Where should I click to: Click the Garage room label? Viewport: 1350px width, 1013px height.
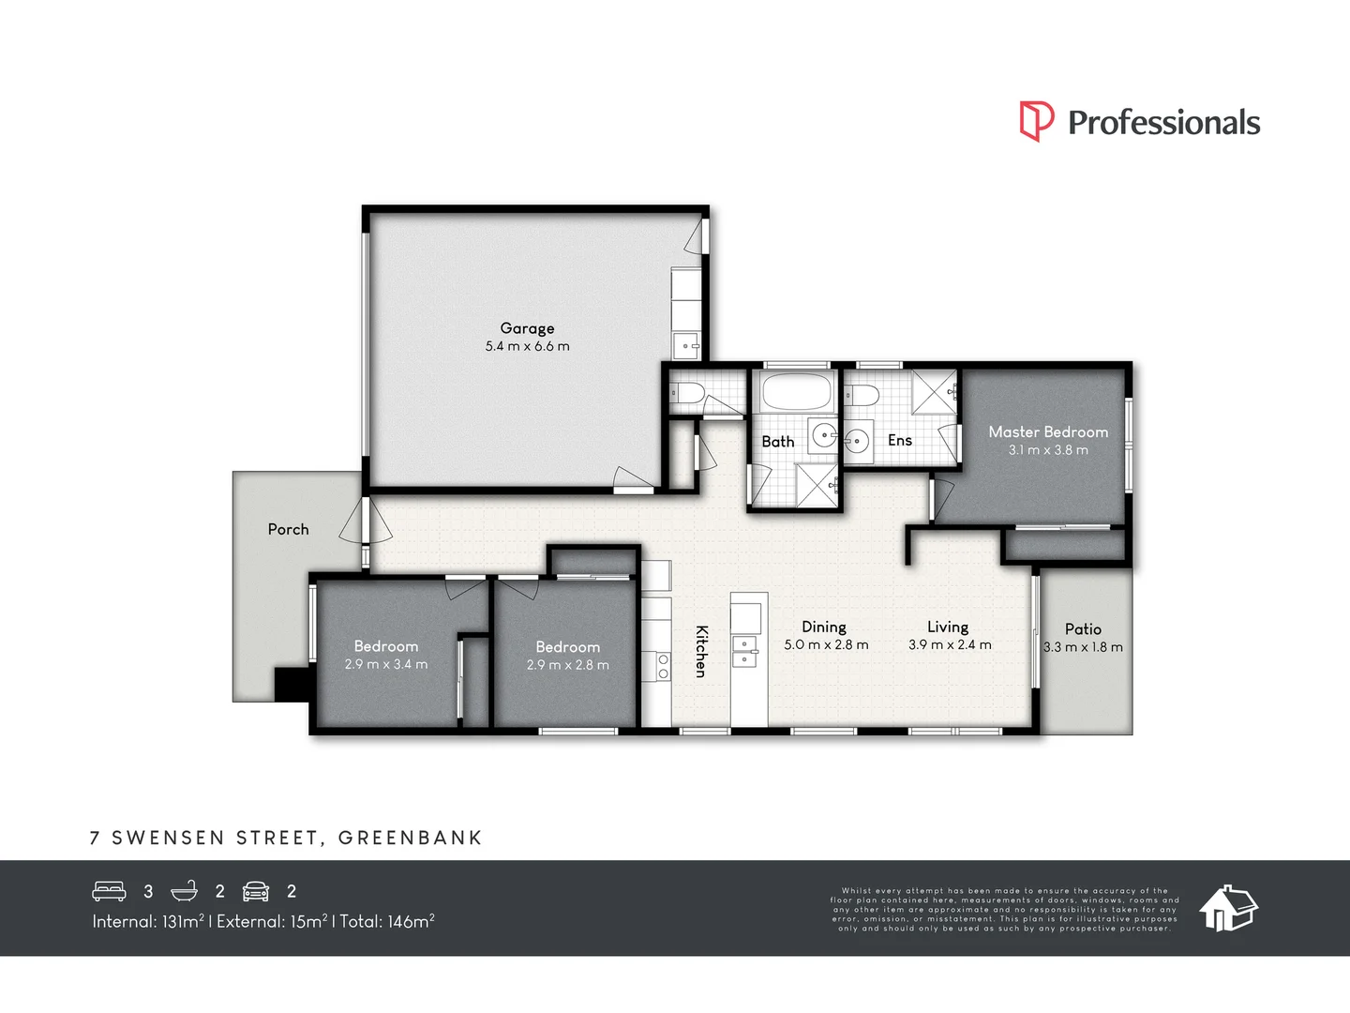[527, 328]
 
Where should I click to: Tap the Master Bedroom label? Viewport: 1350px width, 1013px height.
[1048, 431]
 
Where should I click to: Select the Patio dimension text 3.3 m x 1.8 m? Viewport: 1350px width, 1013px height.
[1083, 647]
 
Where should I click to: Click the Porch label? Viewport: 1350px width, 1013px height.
[288, 529]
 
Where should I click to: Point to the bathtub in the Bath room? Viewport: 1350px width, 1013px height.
[796, 391]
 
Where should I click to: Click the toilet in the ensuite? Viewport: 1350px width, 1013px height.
[861, 394]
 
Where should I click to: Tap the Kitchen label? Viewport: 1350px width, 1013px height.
[701, 651]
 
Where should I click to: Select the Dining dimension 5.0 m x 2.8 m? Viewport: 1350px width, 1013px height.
[826, 644]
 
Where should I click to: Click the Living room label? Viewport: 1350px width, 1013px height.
[948, 627]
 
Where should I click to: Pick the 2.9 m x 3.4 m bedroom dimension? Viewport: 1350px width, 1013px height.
[386, 664]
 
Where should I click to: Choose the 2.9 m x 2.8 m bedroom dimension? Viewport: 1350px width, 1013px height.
[568, 665]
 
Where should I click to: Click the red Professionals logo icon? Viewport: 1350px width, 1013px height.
[1036, 121]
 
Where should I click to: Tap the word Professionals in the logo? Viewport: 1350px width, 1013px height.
[1164, 122]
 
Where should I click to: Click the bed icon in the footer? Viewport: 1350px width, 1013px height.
[109, 891]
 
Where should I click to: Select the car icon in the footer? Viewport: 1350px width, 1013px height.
[256, 891]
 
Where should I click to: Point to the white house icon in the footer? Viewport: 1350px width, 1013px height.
[1228, 909]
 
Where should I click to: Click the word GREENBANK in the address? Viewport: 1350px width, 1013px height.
[411, 838]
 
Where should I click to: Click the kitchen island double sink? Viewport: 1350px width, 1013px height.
[745, 651]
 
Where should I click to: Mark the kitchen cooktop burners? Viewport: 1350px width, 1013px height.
[663, 667]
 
